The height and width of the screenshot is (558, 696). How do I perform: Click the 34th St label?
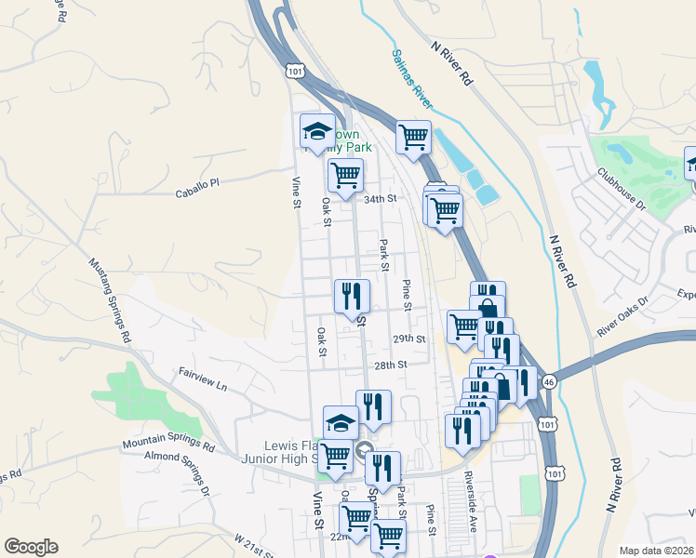pos(380,199)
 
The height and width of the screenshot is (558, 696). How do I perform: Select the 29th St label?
pos(408,339)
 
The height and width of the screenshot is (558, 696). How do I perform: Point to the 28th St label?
pos(392,365)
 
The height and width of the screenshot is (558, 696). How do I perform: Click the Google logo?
pos(31,547)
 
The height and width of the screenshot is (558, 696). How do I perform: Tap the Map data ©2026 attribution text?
pos(657,551)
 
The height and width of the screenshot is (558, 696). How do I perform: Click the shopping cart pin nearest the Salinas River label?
pos(413,137)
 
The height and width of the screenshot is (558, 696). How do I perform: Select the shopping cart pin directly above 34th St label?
pos(345,173)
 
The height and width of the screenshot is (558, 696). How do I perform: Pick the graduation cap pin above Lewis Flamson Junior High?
pos(341,422)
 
